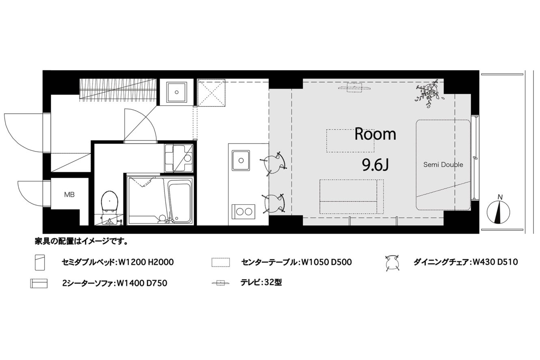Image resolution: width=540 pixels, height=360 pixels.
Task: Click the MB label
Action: click(x=69, y=195)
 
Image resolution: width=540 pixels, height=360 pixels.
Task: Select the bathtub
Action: click(x=180, y=203)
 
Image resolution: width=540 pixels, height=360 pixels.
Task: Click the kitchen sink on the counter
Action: click(x=241, y=160)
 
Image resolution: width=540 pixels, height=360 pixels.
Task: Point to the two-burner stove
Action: click(x=244, y=212)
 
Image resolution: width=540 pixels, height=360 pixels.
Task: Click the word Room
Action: click(x=375, y=134)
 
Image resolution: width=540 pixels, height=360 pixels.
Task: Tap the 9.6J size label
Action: click(x=375, y=165)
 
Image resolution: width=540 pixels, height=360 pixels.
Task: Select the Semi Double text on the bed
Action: click(x=443, y=165)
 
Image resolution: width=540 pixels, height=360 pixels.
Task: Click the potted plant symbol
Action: click(x=429, y=93)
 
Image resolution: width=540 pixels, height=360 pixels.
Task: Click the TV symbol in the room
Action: click(x=354, y=88)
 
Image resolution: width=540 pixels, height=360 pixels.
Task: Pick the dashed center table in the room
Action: click(x=350, y=141)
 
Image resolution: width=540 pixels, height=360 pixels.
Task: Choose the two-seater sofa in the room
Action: click(x=352, y=196)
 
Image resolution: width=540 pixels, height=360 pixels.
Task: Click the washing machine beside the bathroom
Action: click(x=179, y=158)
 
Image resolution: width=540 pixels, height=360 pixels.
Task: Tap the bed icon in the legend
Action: click(x=40, y=262)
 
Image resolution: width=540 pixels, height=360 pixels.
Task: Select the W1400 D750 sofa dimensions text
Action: click(x=142, y=283)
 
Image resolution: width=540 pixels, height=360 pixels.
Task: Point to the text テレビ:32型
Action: click(x=261, y=282)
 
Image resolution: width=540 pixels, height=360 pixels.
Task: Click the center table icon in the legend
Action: click(x=220, y=262)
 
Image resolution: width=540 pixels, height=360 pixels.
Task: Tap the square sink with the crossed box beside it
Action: click(x=177, y=92)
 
